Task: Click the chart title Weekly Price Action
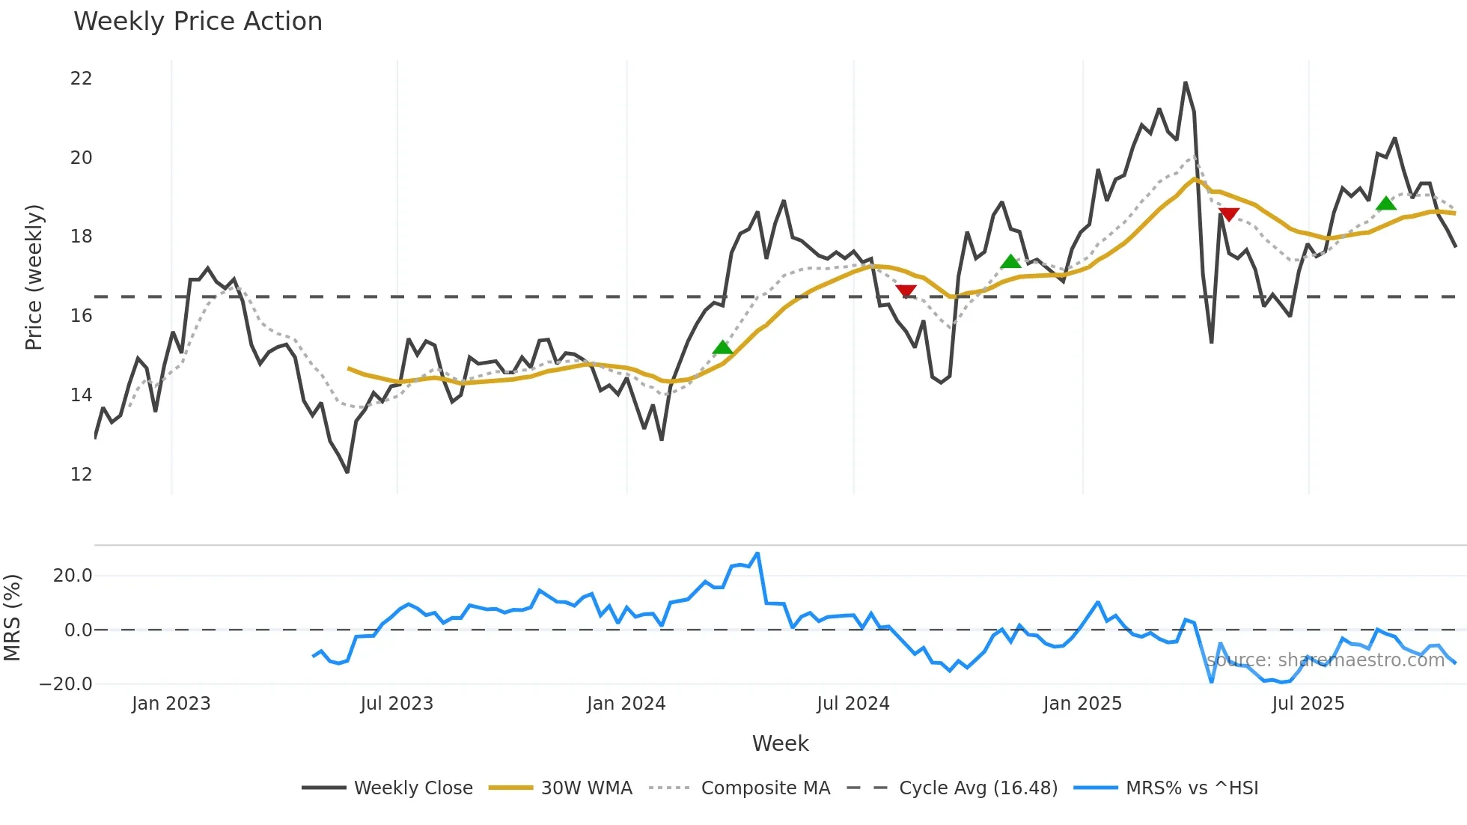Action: [x=198, y=22]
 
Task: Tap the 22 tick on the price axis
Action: [x=81, y=79]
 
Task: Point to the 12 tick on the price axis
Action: [x=81, y=474]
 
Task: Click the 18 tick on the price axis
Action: [x=81, y=237]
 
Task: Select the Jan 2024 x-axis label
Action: [x=626, y=704]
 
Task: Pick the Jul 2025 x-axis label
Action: [x=1308, y=704]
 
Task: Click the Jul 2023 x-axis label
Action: [x=397, y=704]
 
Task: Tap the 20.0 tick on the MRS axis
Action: [x=73, y=576]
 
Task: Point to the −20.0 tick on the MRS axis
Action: [x=66, y=684]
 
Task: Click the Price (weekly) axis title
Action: [x=34, y=277]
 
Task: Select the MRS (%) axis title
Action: [x=13, y=618]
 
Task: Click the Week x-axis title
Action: [x=780, y=743]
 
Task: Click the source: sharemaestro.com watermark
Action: [x=1326, y=660]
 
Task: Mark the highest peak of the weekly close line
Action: [x=1186, y=82]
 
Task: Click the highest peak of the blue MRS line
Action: [x=757, y=554]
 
